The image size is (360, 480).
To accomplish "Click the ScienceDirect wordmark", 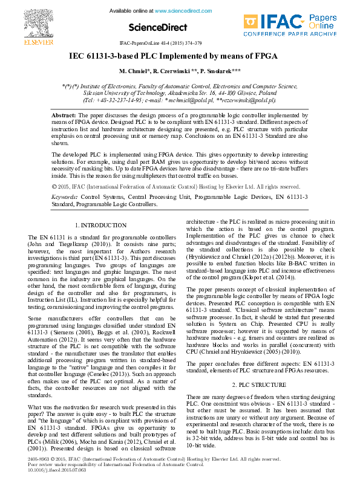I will point(153,27).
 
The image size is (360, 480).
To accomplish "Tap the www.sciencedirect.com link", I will point(180,11).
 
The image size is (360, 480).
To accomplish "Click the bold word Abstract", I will point(63,114).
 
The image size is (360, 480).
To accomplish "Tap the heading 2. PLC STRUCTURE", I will point(259,384).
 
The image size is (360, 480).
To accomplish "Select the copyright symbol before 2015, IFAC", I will point(54,170).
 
